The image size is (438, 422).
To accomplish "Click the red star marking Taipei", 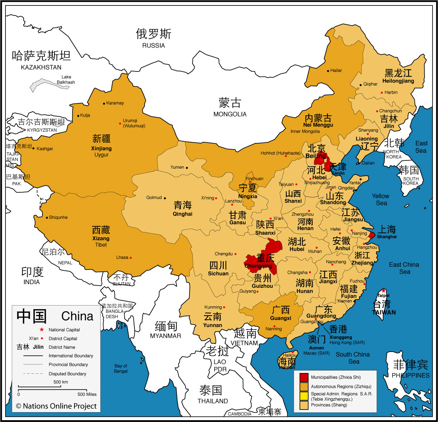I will click(383, 291).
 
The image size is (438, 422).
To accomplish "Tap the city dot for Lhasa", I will click(131, 258).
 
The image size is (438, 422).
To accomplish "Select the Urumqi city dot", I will click(120, 123).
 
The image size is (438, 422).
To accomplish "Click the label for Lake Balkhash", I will click(66, 79).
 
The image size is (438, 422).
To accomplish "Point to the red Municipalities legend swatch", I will click(304, 377).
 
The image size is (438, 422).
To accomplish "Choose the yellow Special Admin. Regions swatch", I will click(304, 396).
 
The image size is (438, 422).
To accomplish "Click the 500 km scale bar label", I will click(61, 382).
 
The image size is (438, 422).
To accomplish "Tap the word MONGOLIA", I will click(230, 114).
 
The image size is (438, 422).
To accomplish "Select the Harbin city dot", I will click(382, 93).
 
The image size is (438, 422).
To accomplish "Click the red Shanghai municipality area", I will click(372, 235).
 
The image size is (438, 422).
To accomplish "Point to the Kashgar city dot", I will click(34, 148).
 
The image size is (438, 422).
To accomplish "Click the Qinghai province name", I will click(182, 214).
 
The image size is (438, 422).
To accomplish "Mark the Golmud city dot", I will click(165, 198).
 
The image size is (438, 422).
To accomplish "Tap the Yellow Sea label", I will click(381, 200).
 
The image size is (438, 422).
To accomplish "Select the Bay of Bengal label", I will click(121, 368).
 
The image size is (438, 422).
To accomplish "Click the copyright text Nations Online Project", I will click(56, 406).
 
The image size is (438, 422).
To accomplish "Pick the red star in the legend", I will click(42, 329).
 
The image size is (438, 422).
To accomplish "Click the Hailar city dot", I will click(328, 71).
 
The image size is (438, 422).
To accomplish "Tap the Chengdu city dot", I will click(235, 254).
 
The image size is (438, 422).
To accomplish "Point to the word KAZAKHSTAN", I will click(41, 67).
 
